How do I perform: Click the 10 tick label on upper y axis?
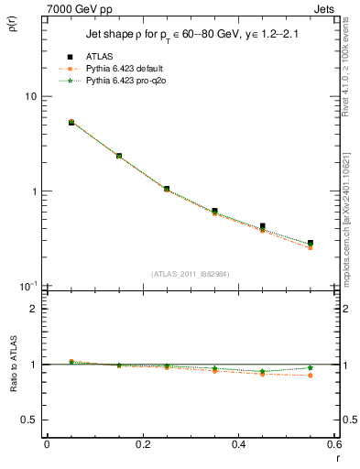[x=30, y=96]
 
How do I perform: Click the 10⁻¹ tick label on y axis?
[x=27, y=287]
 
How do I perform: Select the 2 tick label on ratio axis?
[x=33, y=309]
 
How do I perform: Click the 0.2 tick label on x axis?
[x=142, y=444]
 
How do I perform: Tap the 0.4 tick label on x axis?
[x=239, y=444]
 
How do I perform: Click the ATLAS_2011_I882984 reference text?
[x=190, y=274]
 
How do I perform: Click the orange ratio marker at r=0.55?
[x=311, y=376]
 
